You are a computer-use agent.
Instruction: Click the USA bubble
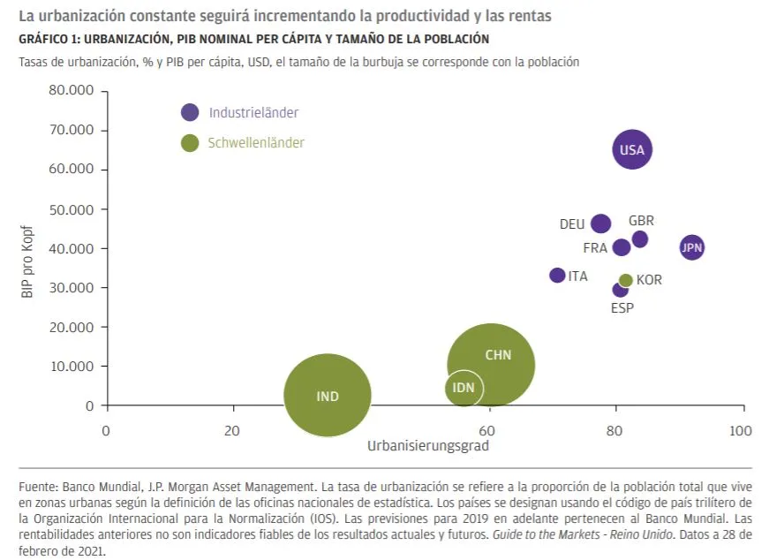[x=632, y=149]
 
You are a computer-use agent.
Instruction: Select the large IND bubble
[x=328, y=396]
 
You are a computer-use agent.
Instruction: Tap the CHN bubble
[x=491, y=363]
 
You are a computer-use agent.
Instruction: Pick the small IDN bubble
[x=464, y=388]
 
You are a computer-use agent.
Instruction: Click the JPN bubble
[x=692, y=247]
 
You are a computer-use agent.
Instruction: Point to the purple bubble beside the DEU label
[x=600, y=223]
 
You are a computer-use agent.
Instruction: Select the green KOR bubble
[x=626, y=280]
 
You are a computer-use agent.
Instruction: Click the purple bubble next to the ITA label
[x=557, y=276]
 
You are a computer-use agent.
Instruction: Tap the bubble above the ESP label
[x=621, y=290]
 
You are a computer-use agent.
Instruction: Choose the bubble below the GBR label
[x=640, y=239]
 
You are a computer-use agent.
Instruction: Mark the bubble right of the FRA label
[x=622, y=247]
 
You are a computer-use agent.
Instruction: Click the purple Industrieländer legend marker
[x=190, y=112]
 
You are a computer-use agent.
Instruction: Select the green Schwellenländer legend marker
[x=190, y=142]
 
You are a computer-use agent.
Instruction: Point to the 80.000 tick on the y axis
[x=73, y=91]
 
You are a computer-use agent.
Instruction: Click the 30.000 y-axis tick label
[x=73, y=288]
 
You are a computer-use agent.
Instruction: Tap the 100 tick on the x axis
[x=741, y=431]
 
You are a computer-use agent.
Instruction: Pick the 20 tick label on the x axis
[x=233, y=431]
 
